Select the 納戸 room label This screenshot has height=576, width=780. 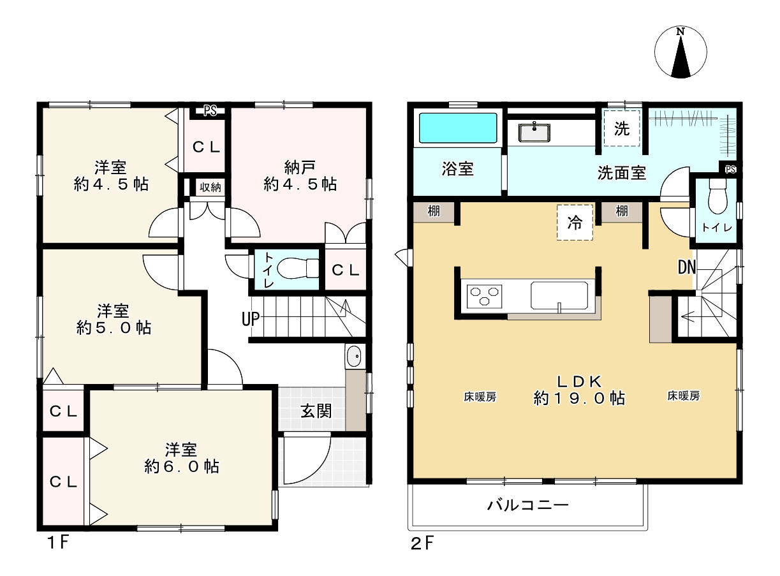click(x=300, y=176)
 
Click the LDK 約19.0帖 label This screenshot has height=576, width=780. click(x=578, y=390)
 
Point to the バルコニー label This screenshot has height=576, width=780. click(x=527, y=506)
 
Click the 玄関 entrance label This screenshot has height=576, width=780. click(x=316, y=410)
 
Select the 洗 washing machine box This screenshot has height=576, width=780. click(x=622, y=129)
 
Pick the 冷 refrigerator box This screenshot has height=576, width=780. click(x=575, y=223)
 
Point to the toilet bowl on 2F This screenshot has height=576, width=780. click(x=717, y=198)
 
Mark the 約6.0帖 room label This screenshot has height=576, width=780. click(x=182, y=458)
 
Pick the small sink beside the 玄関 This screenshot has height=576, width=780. click(x=354, y=357)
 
